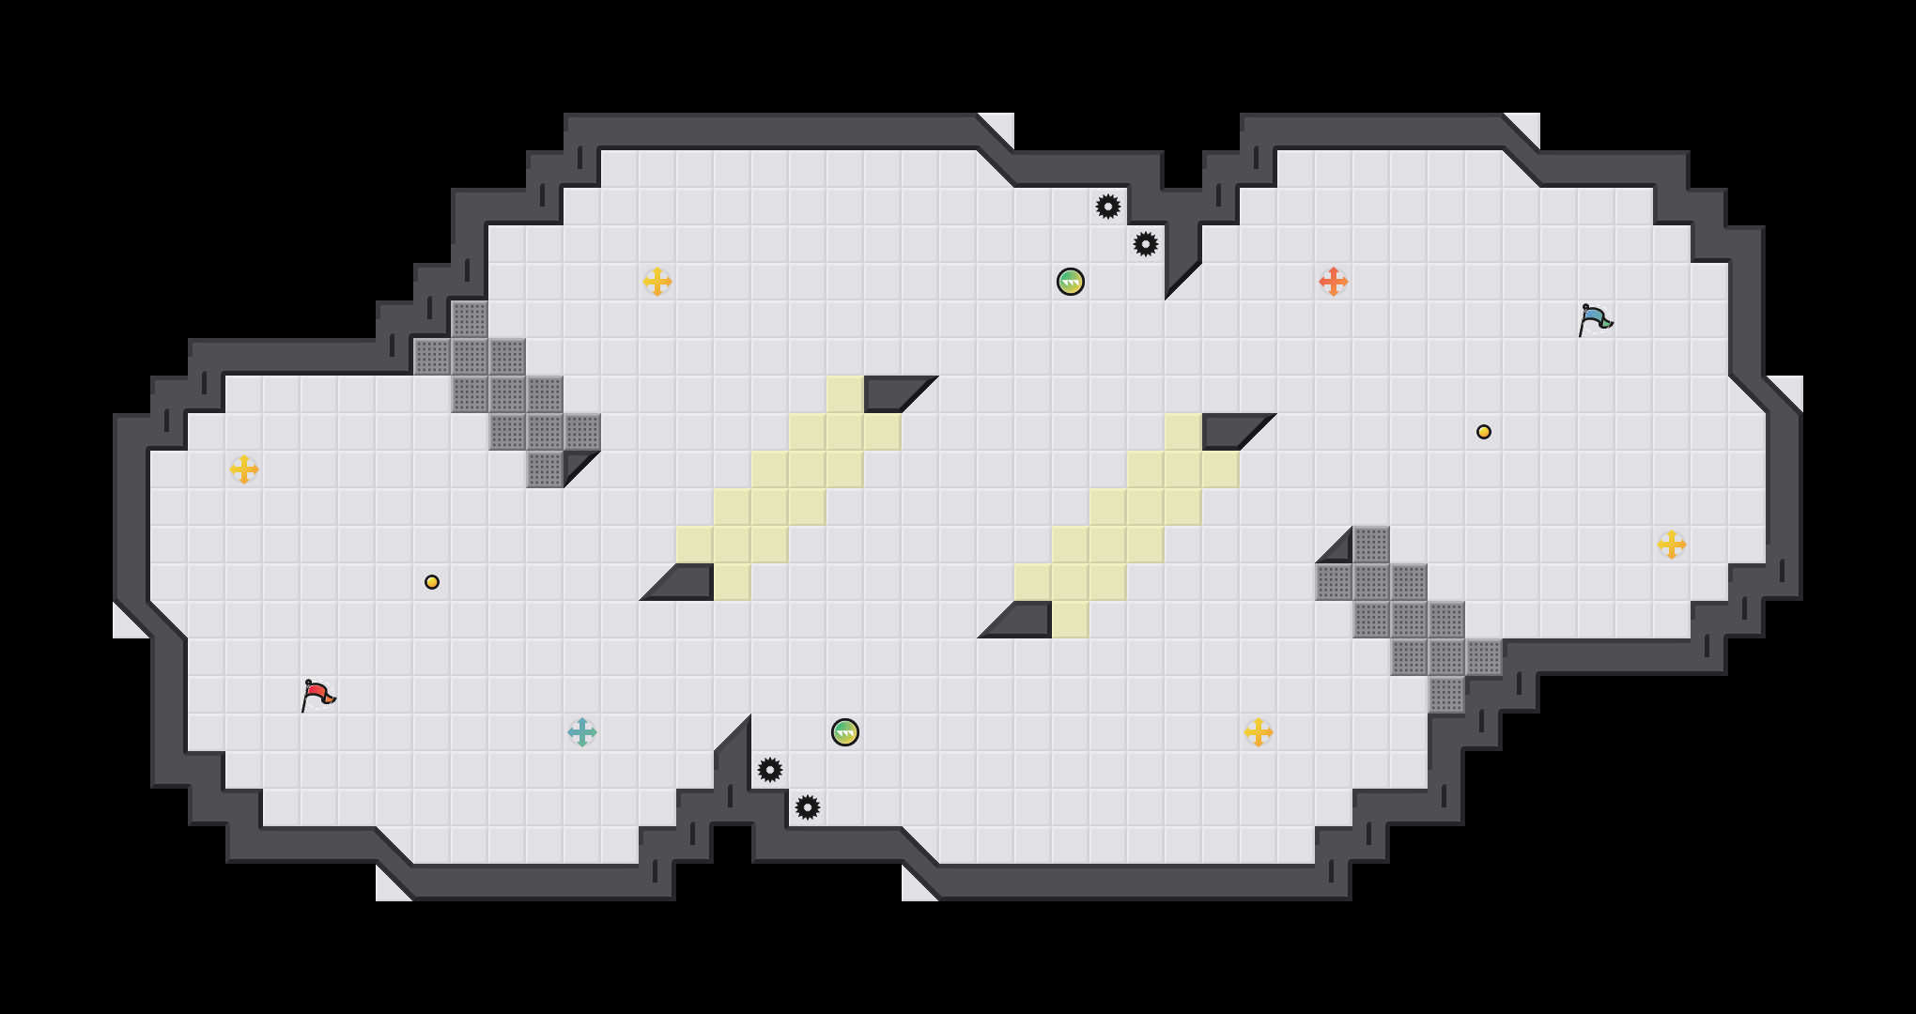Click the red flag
click(317, 695)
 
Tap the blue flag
click(1595, 319)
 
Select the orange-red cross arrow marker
click(1334, 282)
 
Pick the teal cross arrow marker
click(582, 732)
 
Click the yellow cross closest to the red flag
click(244, 469)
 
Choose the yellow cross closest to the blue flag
click(1672, 545)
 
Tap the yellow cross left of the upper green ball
click(657, 282)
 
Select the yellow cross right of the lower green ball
click(1259, 732)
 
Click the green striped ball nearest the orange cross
click(1071, 282)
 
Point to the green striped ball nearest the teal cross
click(845, 732)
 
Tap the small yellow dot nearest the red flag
click(432, 582)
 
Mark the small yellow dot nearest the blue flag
click(1484, 432)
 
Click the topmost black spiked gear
click(1108, 207)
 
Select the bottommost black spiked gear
click(808, 807)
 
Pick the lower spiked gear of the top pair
click(1146, 244)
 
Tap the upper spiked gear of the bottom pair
click(770, 770)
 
